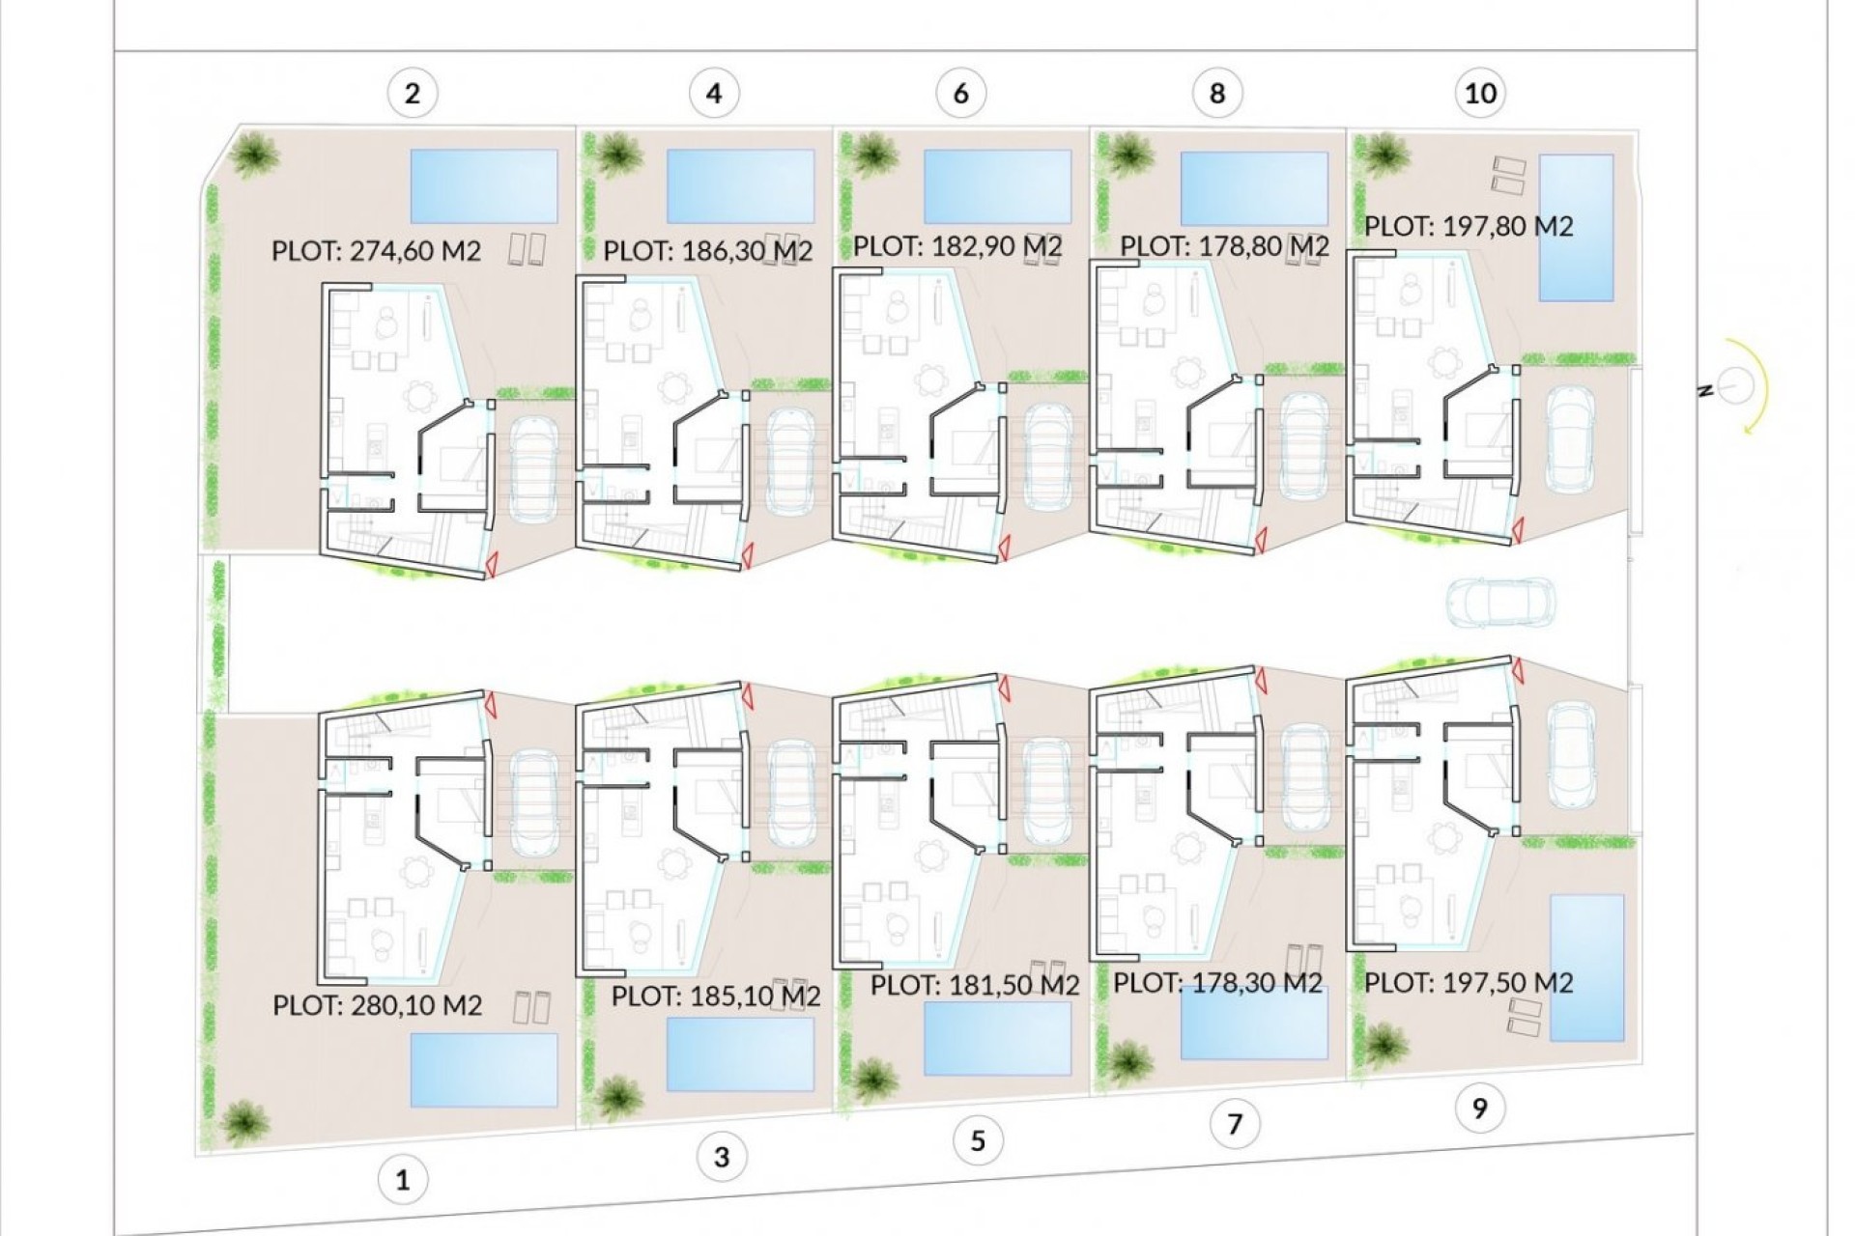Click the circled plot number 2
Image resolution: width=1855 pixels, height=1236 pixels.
413,94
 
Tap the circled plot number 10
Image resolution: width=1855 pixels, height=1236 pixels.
1480,94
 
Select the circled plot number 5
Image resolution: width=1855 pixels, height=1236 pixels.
977,1141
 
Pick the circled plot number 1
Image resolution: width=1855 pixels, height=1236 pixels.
403,1179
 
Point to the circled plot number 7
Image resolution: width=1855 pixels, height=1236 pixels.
1234,1124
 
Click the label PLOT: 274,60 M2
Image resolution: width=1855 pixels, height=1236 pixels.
376,251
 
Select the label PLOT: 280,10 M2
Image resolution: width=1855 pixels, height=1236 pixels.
377,1005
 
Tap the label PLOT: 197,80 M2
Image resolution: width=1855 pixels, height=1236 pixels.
1469,226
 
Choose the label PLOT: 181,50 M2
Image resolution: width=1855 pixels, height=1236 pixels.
974,986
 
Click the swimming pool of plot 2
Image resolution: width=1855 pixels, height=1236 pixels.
484,186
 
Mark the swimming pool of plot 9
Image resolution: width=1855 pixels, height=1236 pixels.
1586,968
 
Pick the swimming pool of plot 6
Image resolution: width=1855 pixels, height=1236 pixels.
997,186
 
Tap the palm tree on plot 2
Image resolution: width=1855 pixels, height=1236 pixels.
255,154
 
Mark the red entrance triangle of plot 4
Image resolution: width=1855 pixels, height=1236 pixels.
747,554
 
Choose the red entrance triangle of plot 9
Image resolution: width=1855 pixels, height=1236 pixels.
1517,670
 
